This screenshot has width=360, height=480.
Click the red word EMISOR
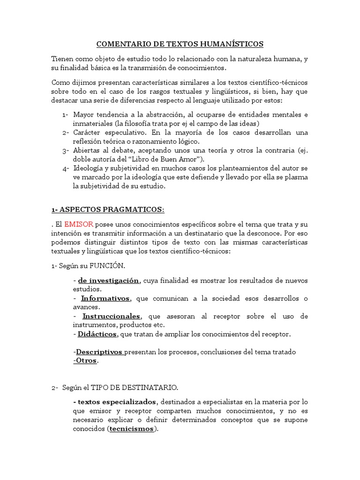(x=79, y=224)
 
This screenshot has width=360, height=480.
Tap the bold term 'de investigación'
(x=108, y=280)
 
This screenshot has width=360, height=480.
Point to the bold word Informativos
(x=106, y=298)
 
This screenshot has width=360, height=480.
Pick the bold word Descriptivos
(x=99, y=352)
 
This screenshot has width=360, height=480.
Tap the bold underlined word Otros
(x=86, y=360)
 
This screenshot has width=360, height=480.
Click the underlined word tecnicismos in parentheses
(x=131, y=429)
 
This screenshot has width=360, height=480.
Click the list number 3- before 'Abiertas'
(x=65, y=150)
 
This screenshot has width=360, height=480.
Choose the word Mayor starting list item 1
(x=83, y=115)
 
